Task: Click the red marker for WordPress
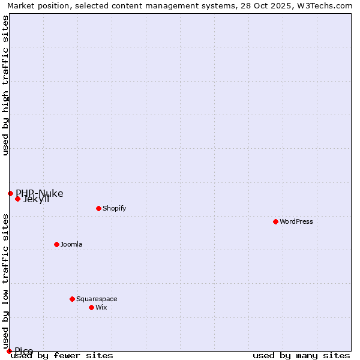[275, 221]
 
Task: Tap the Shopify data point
[98, 208]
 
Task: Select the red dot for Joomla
[56, 244]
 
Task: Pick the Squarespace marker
[72, 299]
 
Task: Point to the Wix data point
[91, 307]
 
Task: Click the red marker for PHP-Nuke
[10, 193]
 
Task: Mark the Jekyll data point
[17, 199]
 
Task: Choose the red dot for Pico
[9, 351]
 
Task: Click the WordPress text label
[296, 221]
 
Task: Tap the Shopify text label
[114, 208]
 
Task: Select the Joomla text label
[71, 244]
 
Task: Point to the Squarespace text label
[97, 299]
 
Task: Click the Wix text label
[101, 307]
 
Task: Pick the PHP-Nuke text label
[40, 193]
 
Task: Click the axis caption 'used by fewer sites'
[62, 355]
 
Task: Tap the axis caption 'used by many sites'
[301, 355]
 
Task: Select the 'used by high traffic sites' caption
[5, 85]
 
